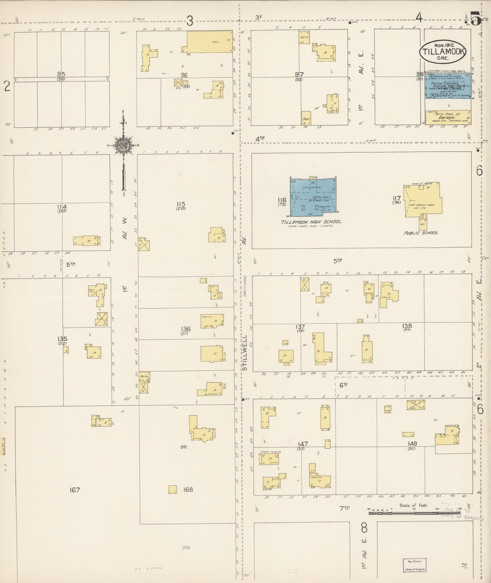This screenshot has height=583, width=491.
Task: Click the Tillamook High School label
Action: point(311,222)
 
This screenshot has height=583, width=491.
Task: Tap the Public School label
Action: point(421,233)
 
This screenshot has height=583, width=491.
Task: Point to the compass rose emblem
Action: point(123,145)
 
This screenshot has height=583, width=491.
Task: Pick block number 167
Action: point(75,490)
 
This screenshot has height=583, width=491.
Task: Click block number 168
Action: point(188,489)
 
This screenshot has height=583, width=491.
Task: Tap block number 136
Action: point(185,329)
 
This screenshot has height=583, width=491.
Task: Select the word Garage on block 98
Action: point(447,117)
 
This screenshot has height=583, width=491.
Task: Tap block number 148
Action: point(412,443)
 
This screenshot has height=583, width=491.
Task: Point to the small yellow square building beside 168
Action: point(173,489)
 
